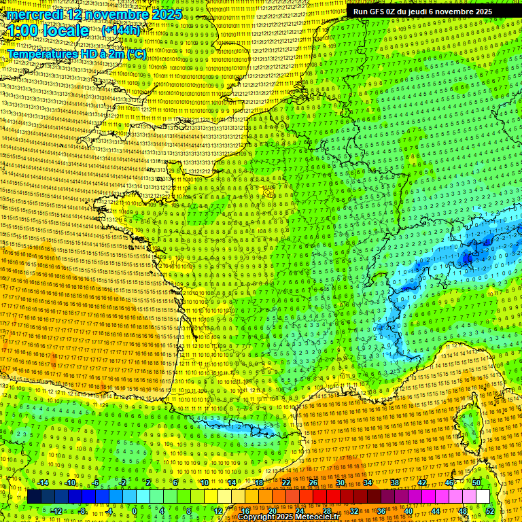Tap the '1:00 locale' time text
coord(48,31)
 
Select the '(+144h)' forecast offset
coord(120,31)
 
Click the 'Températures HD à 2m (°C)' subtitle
coord(76,53)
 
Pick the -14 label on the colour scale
coord(43,483)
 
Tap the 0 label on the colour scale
coord(134,510)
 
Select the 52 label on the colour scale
coord(489,510)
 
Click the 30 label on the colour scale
coord(340,483)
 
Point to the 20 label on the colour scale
coord(271,510)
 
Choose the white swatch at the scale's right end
coord(482,497)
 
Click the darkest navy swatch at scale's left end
coord(34,497)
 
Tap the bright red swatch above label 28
coord(326,497)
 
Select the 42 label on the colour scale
coord(422,483)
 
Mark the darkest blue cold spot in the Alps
coord(468,258)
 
